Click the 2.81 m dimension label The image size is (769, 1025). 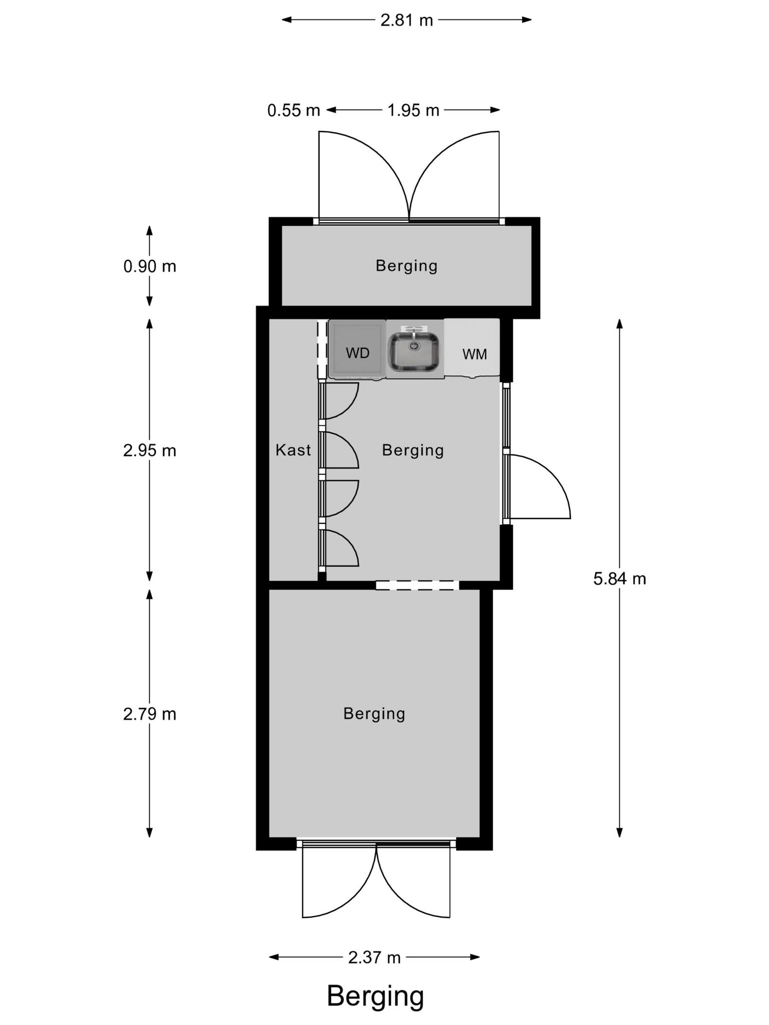point(407,21)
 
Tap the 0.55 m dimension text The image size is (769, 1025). point(293,110)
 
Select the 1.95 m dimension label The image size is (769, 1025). point(413,110)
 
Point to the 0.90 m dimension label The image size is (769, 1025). point(150,266)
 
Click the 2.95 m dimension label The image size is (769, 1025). point(150,451)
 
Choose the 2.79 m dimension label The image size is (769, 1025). point(150,714)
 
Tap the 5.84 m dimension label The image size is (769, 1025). point(620,579)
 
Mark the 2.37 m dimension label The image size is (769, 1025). point(374,957)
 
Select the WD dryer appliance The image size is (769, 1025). point(357,349)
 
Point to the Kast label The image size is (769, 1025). point(293,450)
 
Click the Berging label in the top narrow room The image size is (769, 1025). point(407,266)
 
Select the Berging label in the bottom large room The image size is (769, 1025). point(374,714)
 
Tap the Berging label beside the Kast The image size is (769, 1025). point(413,450)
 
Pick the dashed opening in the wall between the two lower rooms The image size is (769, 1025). point(417,585)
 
